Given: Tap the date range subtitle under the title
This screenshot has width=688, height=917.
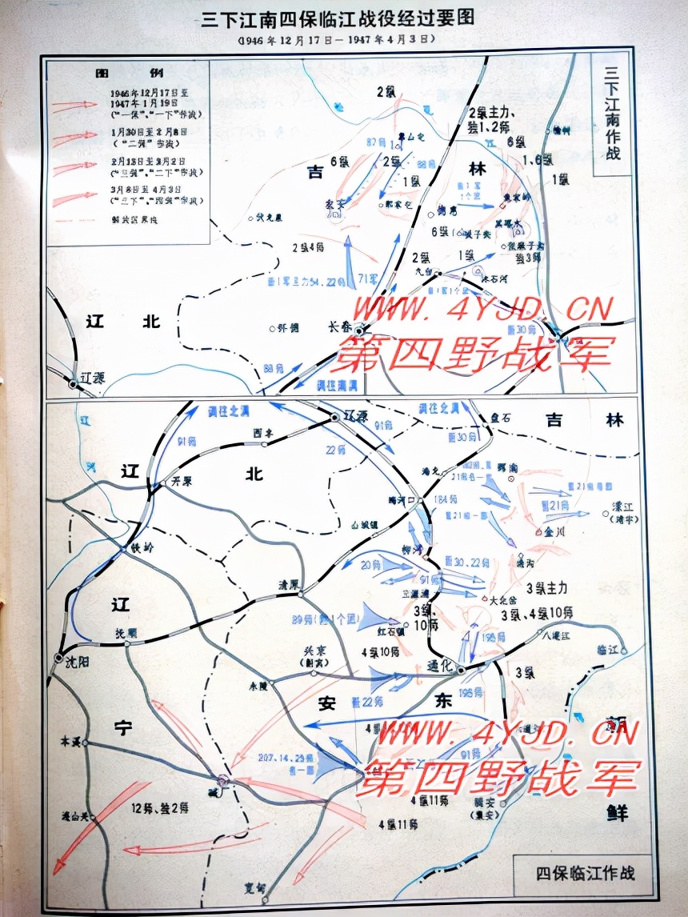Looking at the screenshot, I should pyautogui.click(x=336, y=39).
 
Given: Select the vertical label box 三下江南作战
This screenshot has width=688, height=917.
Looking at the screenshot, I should pyautogui.click(x=612, y=117).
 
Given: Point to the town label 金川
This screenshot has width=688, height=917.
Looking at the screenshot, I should pyautogui.click(x=554, y=531).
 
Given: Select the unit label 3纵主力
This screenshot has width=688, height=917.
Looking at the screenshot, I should pyautogui.click(x=548, y=587).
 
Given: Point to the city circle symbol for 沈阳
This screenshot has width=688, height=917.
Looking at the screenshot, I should pyautogui.click(x=58, y=658).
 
